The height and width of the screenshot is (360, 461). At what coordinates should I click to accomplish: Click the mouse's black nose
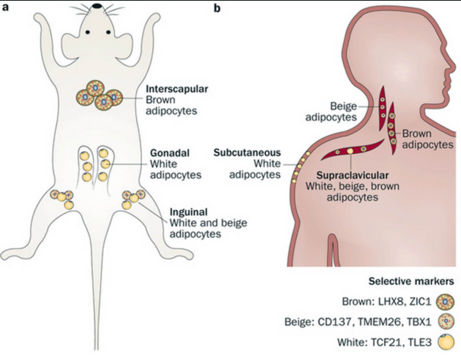pyautogui.click(x=97, y=5)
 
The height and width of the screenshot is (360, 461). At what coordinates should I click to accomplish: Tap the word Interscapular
pyautogui.click(x=177, y=89)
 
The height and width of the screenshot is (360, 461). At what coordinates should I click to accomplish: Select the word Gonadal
pyautogui.click(x=170, y=153)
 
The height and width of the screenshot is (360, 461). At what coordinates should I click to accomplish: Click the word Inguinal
pyautogui.click(x=189, y=212)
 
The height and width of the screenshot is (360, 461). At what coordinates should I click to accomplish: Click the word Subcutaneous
pyautogui.click(x=247, y=152)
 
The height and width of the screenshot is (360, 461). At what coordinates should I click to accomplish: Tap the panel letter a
pyautogui.click(x=5, y=7)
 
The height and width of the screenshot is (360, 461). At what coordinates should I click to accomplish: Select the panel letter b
pyautogui.click(x=217, y=8)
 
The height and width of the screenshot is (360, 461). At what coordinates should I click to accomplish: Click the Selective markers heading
pyautogui.click(x=411, y=281)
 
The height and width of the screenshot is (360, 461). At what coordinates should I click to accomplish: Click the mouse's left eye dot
pyautogui.click(x=87, y=33)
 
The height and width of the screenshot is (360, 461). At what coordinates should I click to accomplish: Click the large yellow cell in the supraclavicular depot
pyautogui.click(x=350, y=151)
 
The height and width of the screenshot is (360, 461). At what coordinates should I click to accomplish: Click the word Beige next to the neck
pyautogui.click(x=344, y=106)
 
